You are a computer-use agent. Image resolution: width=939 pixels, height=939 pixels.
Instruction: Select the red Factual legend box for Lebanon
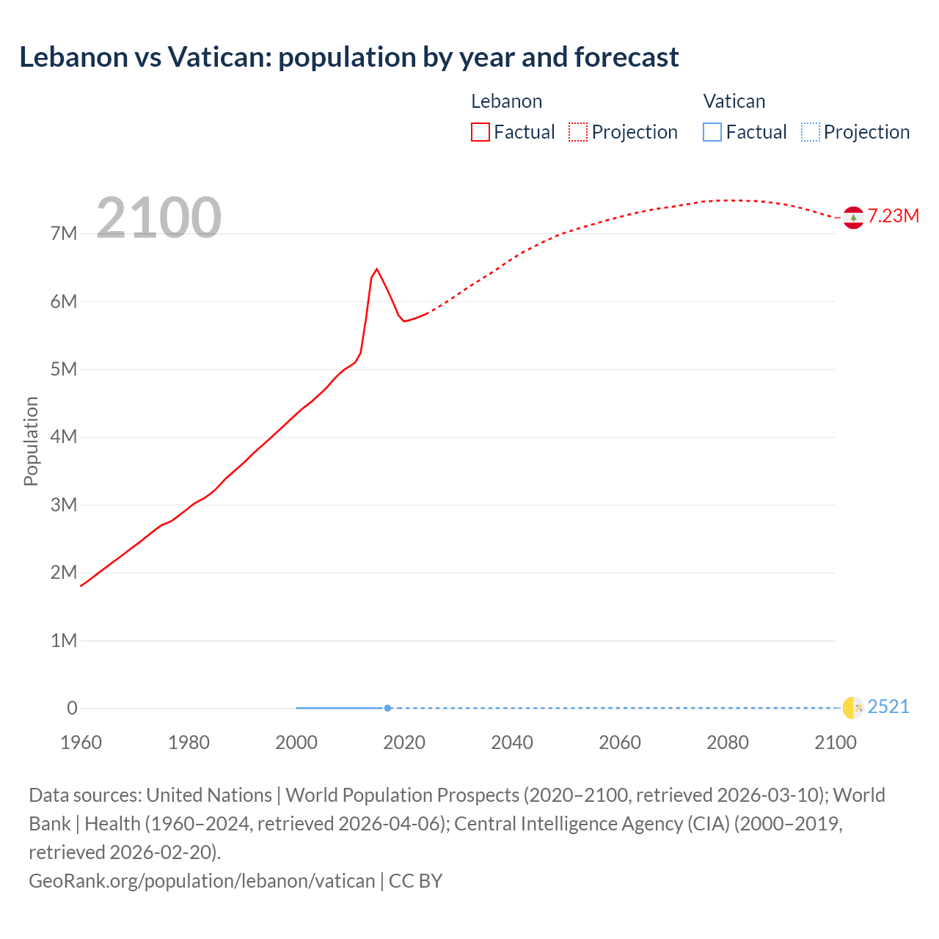point(480,132)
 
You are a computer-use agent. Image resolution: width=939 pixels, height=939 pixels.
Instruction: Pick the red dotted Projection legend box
point(578,132)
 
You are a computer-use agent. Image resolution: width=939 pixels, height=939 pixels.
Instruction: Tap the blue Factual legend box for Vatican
point(712,132)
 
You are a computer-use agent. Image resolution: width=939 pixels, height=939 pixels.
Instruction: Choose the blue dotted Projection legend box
point(810,132)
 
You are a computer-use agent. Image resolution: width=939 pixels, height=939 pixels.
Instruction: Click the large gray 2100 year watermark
point(158,217)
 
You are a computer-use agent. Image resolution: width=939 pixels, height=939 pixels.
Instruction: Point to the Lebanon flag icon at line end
point(852,217)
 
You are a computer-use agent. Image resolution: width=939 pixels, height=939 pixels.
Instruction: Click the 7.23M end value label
point(893,216)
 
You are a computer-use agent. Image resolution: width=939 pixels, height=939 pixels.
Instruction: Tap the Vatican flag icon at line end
point(852,707)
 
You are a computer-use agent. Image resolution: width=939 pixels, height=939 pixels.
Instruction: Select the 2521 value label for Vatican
point(888,706)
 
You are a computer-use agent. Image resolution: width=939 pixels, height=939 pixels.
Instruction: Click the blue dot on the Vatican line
point(387,708)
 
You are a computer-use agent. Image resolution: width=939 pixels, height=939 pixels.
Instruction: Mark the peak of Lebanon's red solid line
point(376,269)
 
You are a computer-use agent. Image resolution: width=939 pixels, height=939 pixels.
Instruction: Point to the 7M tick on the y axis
point(64,234)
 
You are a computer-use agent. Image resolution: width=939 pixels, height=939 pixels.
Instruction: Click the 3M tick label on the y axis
point(64,505)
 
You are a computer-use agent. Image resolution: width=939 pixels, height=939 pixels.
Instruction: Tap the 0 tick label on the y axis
point(72,708)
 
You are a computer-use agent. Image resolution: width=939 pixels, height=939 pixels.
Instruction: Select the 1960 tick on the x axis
point(81,742)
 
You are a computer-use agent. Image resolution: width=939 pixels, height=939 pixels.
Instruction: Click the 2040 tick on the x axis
point(512,742)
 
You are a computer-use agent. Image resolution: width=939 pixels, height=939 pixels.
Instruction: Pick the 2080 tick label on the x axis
point(728,742)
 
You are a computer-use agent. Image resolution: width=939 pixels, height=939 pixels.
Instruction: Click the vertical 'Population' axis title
point(31,441)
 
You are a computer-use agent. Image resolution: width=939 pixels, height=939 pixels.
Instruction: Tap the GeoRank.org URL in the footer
point(202,880)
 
